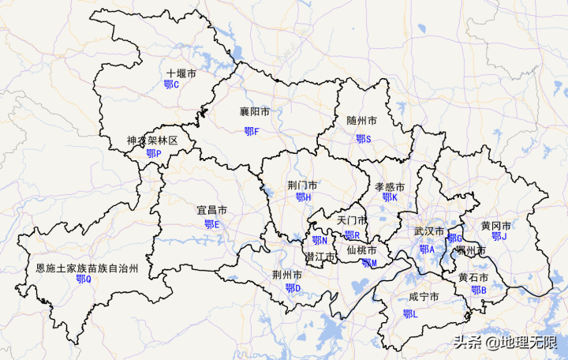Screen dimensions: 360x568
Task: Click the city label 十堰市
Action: click(181, 73)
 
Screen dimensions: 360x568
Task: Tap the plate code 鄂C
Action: click(171, 84)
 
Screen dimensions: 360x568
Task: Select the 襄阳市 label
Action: click(255, 112)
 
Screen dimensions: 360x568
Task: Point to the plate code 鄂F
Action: click(251, 131)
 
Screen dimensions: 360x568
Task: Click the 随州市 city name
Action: click(361, 121)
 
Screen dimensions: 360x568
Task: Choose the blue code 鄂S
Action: click(363, 139)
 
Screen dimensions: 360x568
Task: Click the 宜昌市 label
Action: click(211, 211)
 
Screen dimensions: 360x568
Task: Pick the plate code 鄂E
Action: click(212, 224)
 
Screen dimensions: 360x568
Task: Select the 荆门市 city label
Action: click(302, 186)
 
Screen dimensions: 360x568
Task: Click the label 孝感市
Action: click(390, 187)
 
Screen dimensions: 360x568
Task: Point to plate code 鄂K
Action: click(390, 197)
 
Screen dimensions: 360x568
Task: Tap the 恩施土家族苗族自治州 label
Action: click(88, 268)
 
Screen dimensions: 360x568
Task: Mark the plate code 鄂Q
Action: click(84, 279)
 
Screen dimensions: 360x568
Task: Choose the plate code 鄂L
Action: click(410, 314)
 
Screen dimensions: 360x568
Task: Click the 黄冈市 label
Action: click(496, 226)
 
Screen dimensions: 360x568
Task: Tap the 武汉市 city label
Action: click(429, 232)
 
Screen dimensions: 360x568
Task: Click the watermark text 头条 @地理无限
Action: click(505, 343)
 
